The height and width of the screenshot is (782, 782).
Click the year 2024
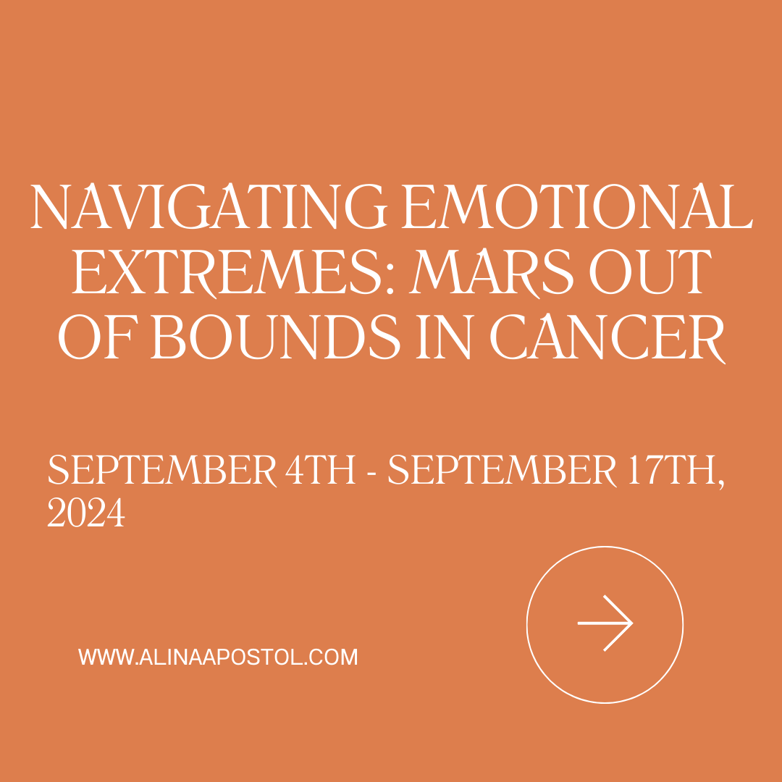(86, 514)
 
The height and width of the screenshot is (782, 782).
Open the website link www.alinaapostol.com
(218, 657)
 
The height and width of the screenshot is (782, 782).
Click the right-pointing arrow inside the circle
(605, 623)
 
